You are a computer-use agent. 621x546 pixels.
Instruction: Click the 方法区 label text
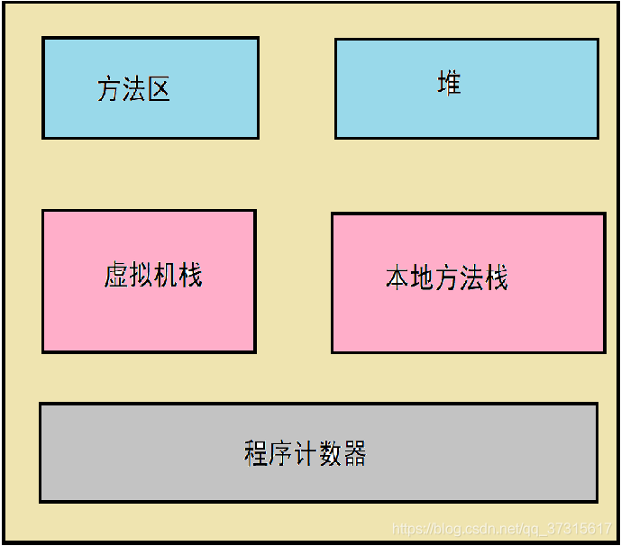133,89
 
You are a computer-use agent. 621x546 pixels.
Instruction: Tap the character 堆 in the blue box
449,84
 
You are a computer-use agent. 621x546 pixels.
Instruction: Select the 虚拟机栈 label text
152,275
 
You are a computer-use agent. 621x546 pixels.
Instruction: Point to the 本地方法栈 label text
447,278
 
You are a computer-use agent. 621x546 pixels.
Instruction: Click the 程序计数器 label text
305,453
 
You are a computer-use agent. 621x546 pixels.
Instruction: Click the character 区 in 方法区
159,89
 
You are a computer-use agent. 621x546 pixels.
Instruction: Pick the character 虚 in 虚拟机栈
115,275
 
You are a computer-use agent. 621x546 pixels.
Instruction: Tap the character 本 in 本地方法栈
397,278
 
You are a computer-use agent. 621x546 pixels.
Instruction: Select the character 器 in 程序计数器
354,453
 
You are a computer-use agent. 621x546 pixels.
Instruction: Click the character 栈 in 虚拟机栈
190,275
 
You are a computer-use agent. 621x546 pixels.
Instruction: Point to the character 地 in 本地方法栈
422,278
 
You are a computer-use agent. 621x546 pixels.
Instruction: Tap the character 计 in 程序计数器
305,453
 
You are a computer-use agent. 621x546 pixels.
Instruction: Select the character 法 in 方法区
133,89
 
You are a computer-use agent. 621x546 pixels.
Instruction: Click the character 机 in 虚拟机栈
165,275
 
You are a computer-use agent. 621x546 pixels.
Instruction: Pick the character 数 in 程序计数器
330,453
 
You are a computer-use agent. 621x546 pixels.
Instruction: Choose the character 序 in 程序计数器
280,453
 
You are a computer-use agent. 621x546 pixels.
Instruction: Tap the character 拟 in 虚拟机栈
141,275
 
